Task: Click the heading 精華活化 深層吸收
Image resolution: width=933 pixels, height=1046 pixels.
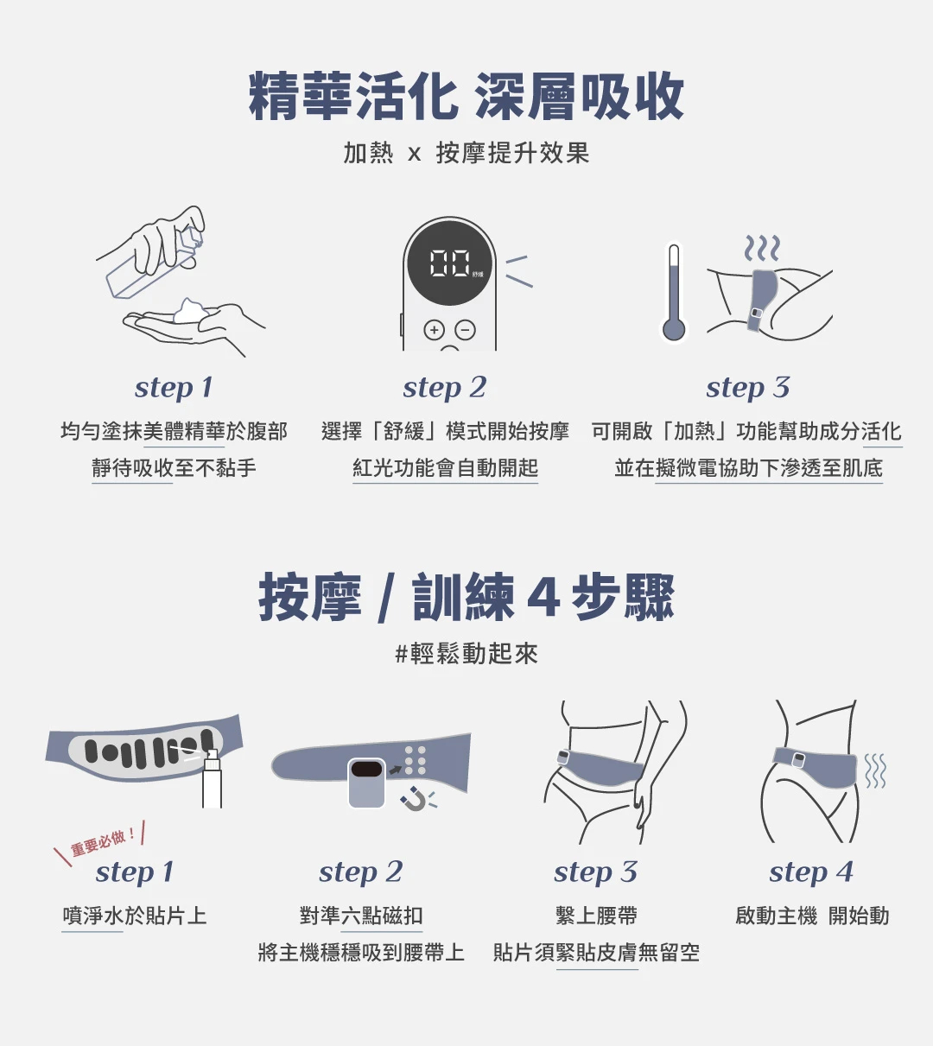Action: point(466,97)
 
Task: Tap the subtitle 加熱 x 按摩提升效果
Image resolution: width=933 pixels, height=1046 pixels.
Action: point(466,154)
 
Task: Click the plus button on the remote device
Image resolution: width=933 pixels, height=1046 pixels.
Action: point(434,330)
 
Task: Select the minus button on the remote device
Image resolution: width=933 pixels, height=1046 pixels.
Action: point(465,330)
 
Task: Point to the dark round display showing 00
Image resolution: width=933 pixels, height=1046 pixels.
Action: point(449,263)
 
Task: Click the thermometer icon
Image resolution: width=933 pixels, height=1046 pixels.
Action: point(674,294)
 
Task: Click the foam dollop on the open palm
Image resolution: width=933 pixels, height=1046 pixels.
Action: point(190,311)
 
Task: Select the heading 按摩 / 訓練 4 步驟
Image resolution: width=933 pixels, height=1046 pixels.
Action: point(466,598)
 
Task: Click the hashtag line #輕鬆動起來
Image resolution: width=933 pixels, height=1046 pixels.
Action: point(466,654)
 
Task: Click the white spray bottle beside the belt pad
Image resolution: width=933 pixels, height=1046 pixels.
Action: point(212,781)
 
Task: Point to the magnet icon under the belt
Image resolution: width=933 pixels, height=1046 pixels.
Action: point(415,801)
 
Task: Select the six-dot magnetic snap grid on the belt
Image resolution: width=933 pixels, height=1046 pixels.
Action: point(416,760)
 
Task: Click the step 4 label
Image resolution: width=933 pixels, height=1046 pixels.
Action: point(810,872)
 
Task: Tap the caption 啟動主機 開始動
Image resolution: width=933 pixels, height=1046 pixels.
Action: point(812,916)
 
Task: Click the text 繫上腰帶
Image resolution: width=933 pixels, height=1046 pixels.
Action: point(596,916)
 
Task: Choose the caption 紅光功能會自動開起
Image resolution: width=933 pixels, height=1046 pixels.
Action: point(445,468)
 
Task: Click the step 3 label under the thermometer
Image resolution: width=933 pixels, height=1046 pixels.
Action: point(747,388)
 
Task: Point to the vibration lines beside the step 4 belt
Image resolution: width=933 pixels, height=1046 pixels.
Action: point(875,770)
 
